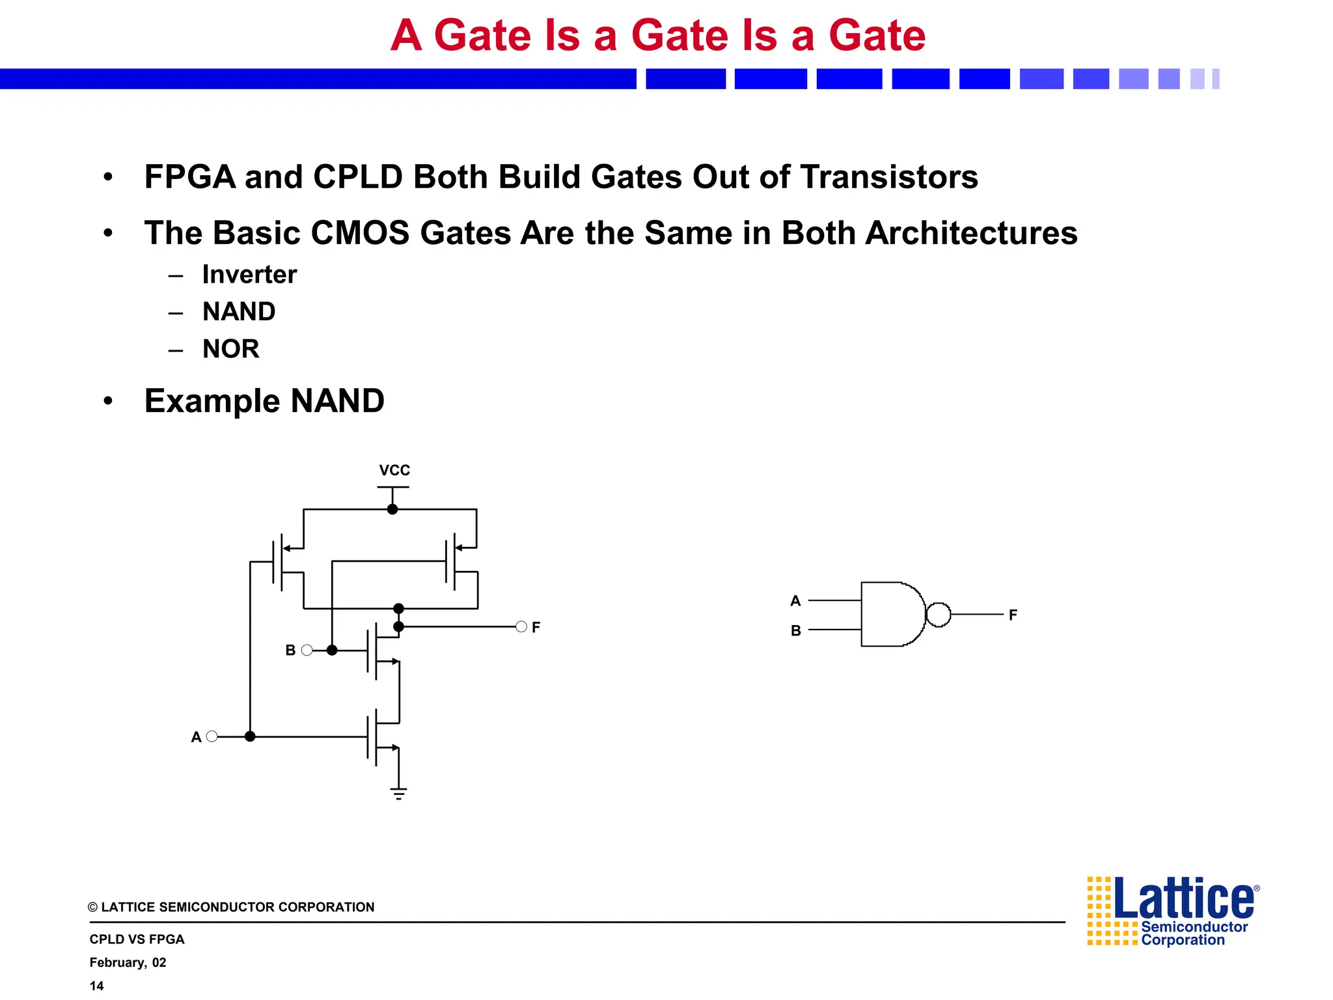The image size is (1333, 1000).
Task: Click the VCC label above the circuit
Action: (394, 470)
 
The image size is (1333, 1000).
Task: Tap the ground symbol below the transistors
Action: (399, 793)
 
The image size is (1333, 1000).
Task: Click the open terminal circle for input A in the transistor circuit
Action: (212, 736)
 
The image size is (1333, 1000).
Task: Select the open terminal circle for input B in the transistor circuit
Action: (307, 650)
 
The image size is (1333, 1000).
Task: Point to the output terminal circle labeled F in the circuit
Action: (521, 627)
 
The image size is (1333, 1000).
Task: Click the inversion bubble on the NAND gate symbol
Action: (938, 615)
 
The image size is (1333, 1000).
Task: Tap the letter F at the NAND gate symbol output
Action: (1013, 615)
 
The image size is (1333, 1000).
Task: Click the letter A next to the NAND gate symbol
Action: (795, 601)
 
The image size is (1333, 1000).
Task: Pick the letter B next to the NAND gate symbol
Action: (795, 631)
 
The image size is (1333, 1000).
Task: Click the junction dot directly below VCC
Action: (392, 509)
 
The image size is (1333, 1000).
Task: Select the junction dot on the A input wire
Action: (250, 736)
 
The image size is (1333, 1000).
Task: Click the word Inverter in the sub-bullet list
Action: (249, 275)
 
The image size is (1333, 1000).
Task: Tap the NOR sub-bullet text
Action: (230, 349)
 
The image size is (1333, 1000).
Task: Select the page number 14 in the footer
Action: (96, 986)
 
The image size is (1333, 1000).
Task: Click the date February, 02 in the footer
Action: (128, 962)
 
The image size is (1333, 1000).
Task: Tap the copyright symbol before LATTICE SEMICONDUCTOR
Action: (93, 908)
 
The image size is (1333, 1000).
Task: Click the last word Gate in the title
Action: (877, 35)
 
